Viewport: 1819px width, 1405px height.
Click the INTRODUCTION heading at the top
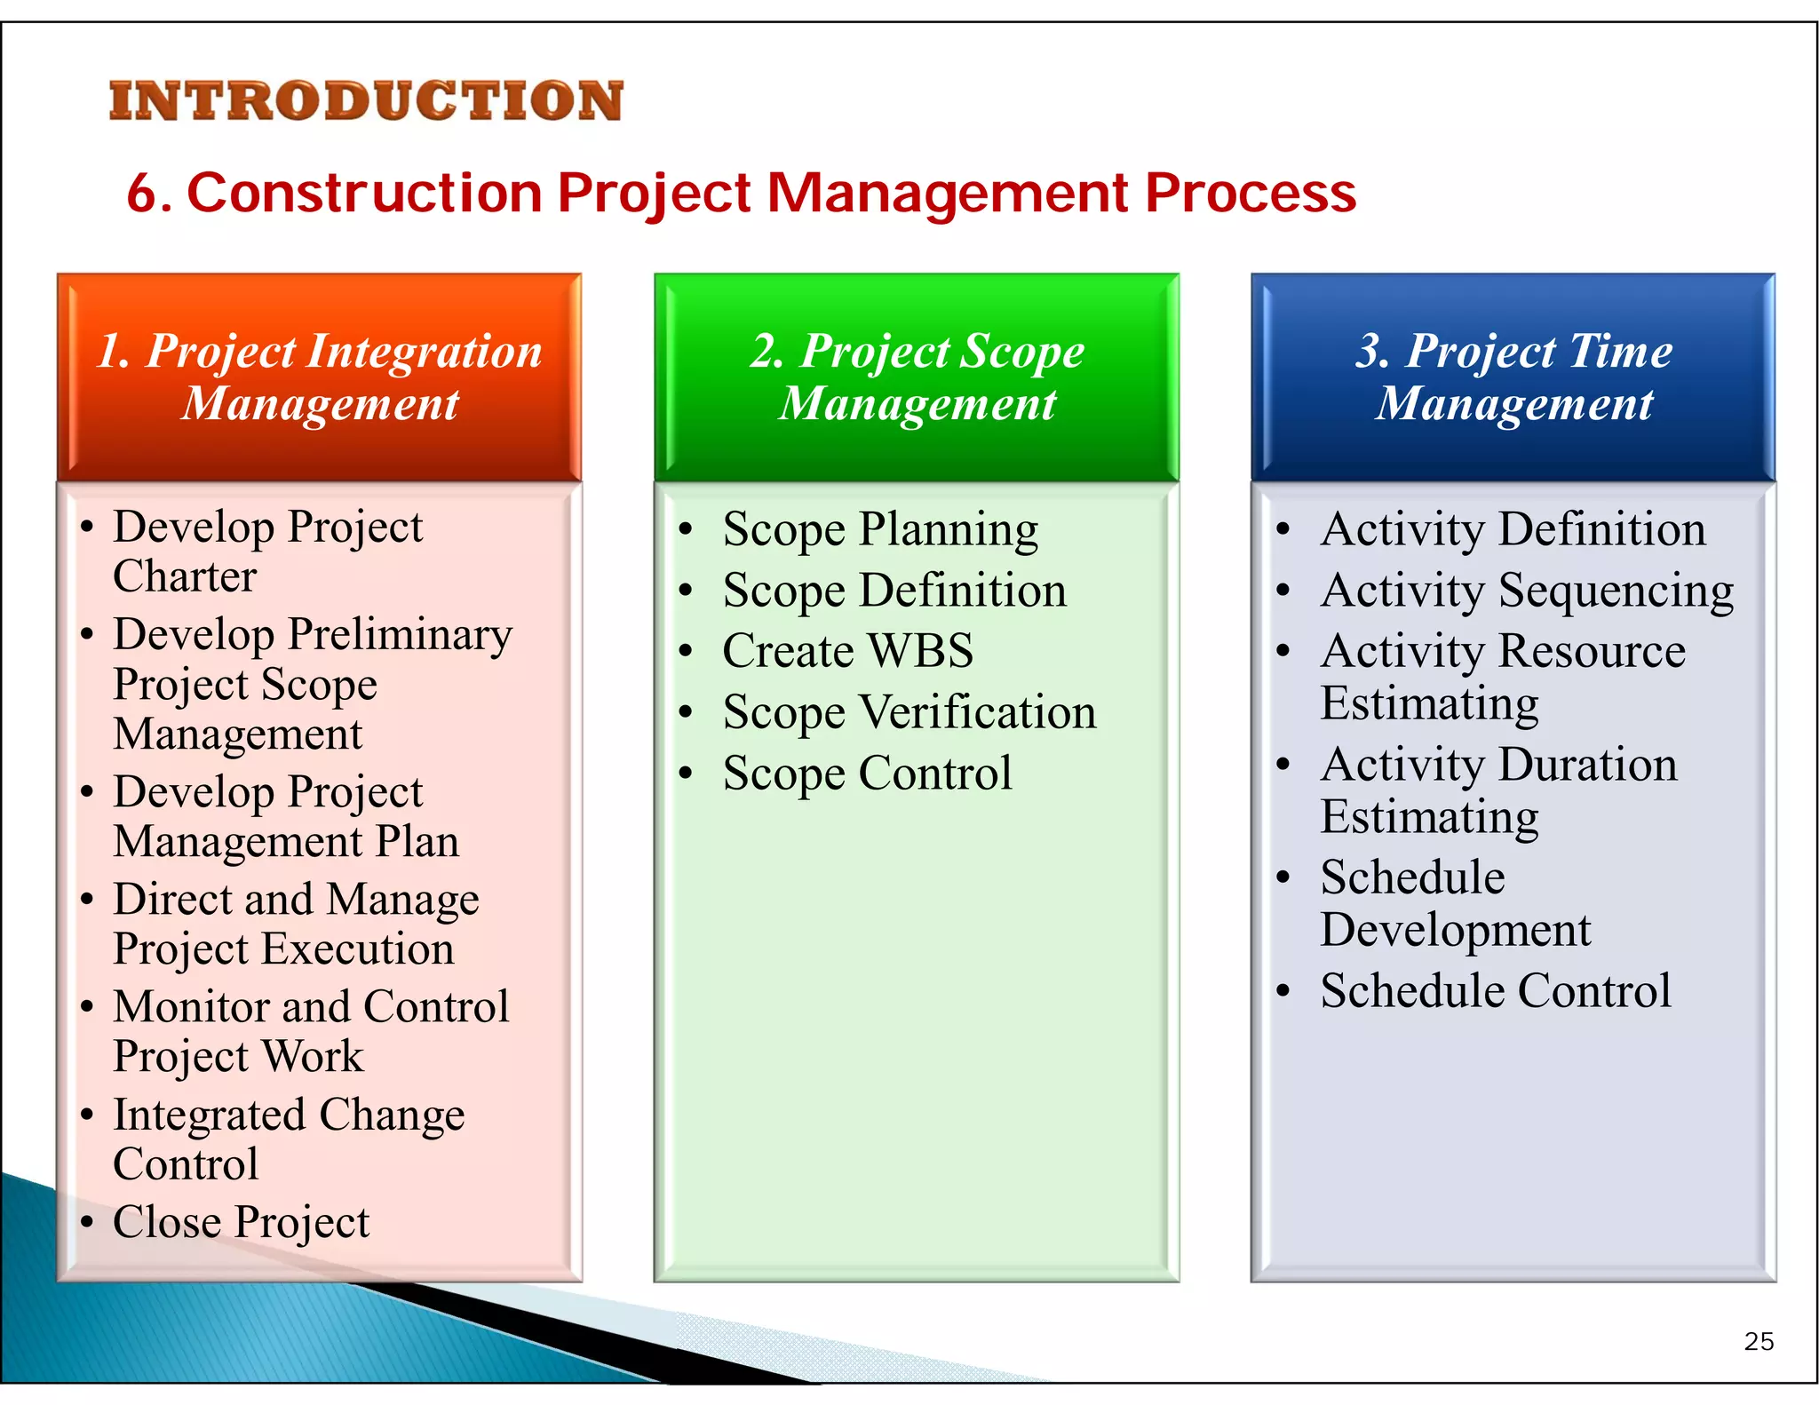(366, 100)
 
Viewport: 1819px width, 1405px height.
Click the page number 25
(1759, 1341)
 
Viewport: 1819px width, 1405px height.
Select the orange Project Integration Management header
(319, 377)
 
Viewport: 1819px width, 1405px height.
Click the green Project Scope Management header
(917, 377)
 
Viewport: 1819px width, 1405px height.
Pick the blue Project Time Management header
(1513, 377)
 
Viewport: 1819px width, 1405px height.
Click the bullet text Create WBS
(847, 650)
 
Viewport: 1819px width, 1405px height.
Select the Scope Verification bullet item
(909, 712)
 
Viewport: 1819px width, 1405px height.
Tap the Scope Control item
(867, 773)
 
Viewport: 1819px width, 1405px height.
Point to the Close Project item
(241, 1222)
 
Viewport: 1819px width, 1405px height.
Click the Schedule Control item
(1496, 990)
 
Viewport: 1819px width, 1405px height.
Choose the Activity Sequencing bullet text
(1527, 591)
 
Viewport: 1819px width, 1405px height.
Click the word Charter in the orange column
(185, 576)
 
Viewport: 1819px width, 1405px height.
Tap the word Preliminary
(401, 634)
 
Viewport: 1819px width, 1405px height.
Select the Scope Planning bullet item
(879, 529)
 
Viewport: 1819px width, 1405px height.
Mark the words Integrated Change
(289, 1115)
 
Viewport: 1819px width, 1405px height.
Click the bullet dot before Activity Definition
(1283, 529)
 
